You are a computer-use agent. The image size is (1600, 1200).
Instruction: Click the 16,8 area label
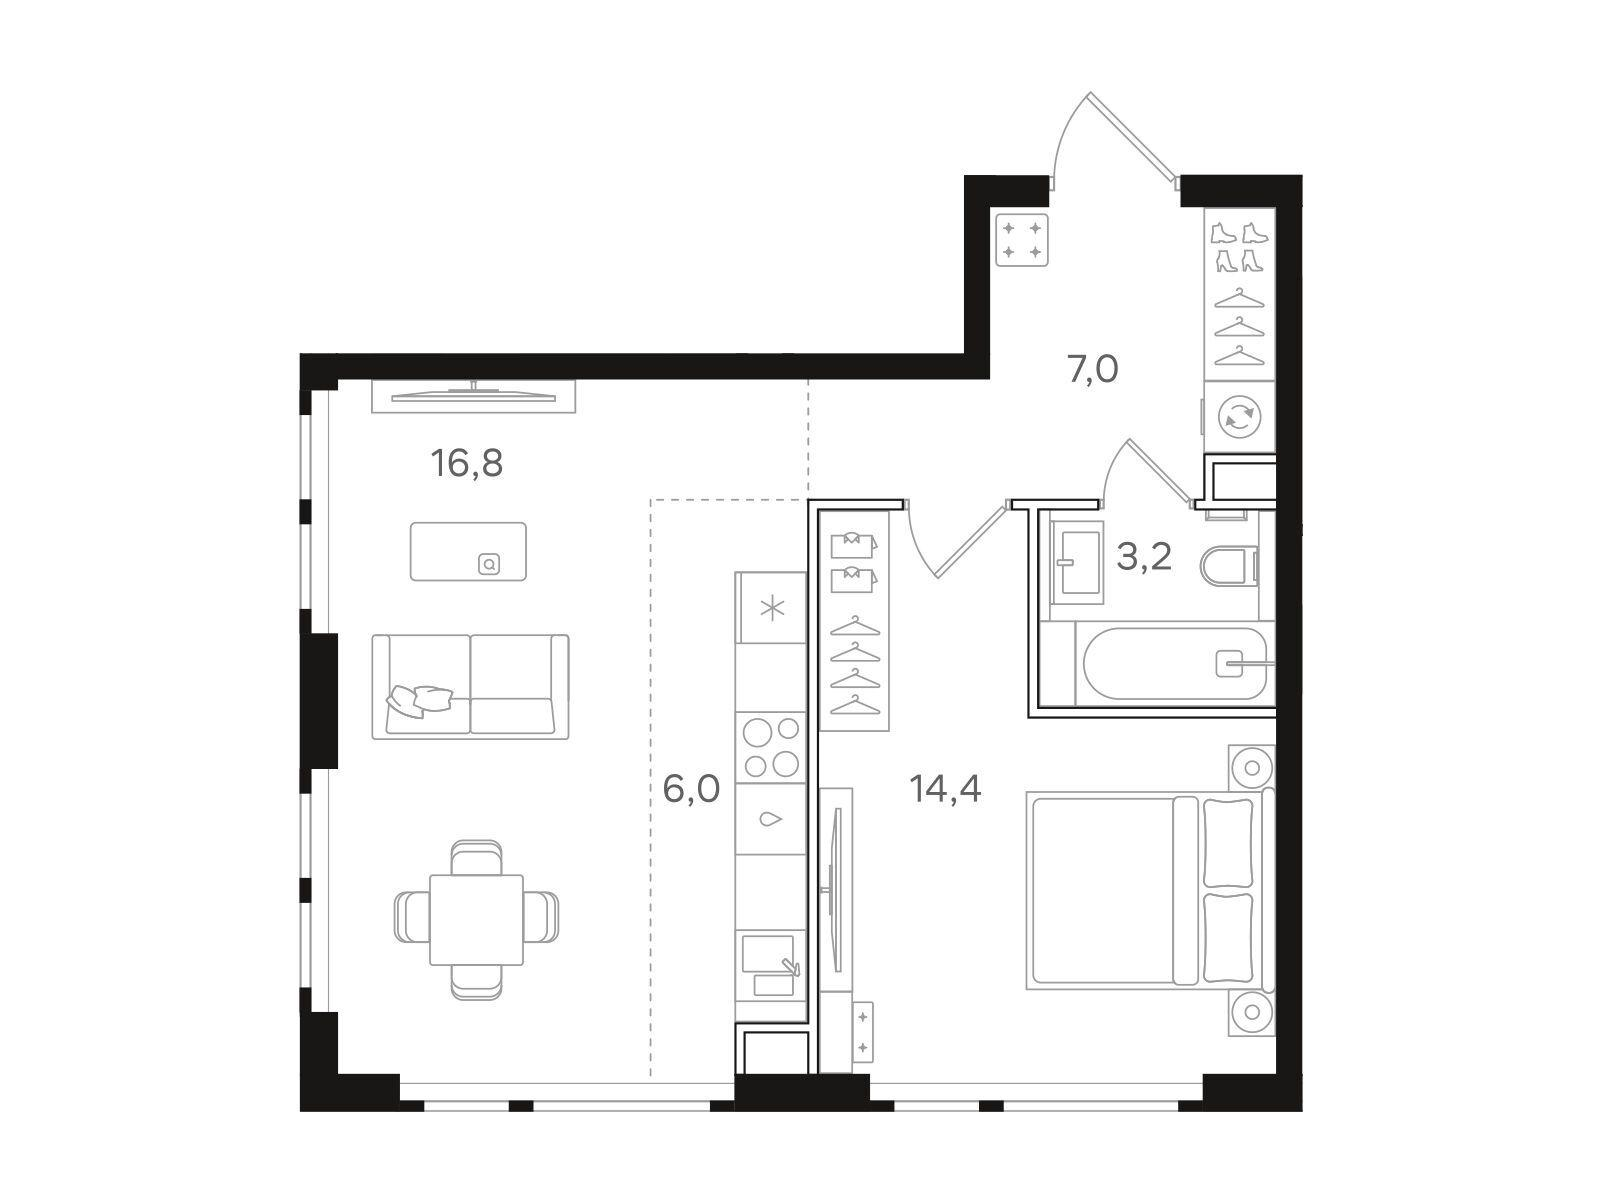467,463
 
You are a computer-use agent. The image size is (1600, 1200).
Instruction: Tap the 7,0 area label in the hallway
1093,369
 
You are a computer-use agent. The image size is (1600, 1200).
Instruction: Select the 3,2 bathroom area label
1144,557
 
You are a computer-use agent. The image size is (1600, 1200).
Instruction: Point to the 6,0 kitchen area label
691,788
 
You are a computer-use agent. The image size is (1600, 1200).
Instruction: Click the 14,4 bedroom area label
945,788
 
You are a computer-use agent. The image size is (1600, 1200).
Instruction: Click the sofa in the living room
470,686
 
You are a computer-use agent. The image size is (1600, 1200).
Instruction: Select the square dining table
477,919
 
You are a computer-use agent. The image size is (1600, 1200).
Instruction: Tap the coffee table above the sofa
468,551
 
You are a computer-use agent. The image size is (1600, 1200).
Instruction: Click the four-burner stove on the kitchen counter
770,747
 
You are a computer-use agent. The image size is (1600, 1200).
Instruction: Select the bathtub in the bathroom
1175,663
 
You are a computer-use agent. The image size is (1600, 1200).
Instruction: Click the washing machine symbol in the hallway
1239,417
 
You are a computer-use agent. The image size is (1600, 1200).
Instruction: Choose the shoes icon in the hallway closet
1239,247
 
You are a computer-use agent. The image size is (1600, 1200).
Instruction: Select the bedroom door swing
955,539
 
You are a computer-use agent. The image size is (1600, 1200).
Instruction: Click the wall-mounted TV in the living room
474,396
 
